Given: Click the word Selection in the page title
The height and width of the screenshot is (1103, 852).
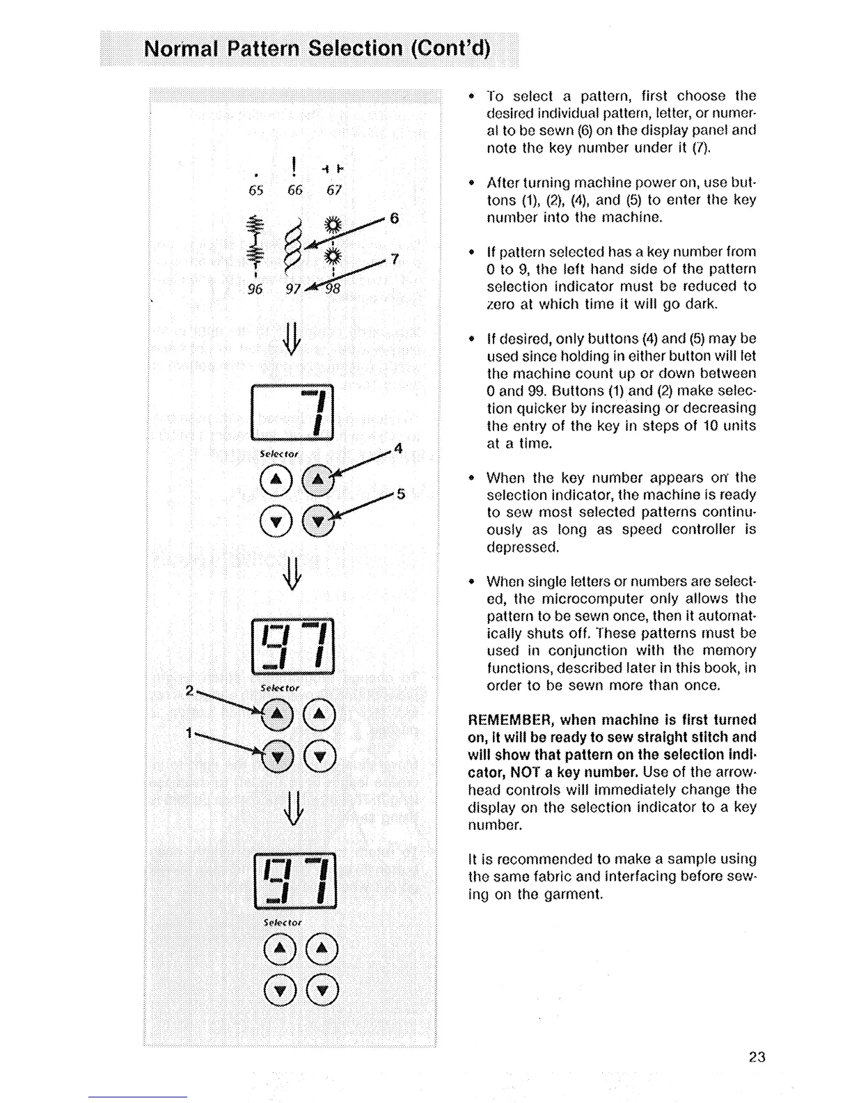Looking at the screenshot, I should click(355, 49).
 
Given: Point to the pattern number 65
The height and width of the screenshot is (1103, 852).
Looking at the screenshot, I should click(256, 190).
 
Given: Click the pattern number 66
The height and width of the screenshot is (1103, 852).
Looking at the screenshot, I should click(295, 190).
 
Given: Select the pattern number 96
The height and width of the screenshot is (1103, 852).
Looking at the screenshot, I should click(256, 288).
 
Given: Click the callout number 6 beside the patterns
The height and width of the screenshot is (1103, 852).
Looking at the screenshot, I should click(394, 219).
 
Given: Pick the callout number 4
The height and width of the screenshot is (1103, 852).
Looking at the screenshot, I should click(398, 449).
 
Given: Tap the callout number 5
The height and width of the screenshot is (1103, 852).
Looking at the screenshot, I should click(400, 494).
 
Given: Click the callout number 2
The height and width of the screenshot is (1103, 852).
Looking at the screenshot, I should click(189, 691).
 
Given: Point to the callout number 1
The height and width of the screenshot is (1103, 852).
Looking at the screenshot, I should click(189, 733).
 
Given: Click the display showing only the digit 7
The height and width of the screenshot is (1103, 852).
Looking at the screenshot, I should click(293, 412).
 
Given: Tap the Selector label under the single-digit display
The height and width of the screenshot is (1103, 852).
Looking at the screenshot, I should click(279, 454).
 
